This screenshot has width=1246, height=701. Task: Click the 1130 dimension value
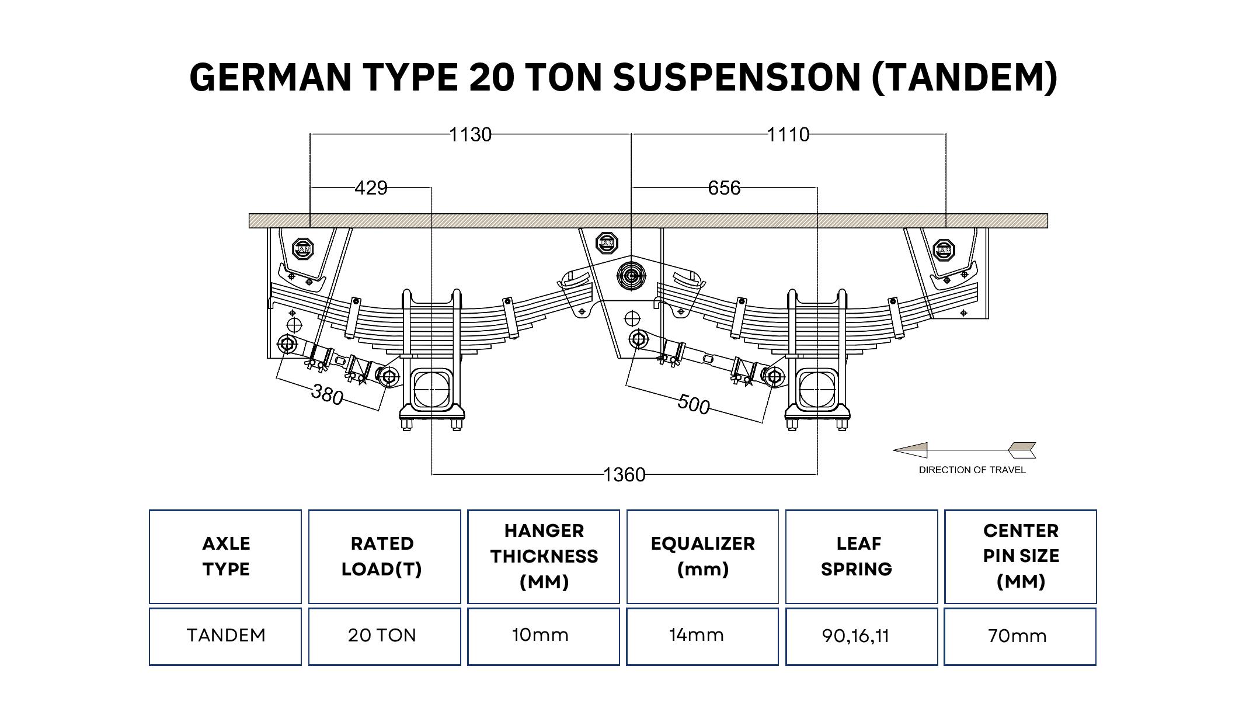point(470,135)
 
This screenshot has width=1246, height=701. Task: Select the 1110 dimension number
point(788,135)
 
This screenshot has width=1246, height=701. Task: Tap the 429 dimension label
point(371,188)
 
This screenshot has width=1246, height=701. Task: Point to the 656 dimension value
point(724,188)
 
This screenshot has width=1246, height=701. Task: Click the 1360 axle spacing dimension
point(624,475)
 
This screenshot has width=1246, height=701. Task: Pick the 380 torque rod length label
point(327,394)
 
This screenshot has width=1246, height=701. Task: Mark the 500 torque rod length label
point(694,404)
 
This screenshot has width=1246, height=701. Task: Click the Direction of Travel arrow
point(964,450)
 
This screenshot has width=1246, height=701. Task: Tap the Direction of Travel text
point(972,470)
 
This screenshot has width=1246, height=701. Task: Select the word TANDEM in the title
point(964,77)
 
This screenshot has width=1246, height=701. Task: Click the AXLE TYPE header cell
point(225,556)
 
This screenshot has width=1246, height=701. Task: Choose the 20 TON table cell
point(382,636)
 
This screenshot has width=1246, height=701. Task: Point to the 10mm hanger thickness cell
point(541,635)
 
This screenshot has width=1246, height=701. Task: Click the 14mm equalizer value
point(697,635)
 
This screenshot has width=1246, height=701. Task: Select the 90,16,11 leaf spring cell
point(856,636)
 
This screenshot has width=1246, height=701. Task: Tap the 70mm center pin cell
point(1018,636)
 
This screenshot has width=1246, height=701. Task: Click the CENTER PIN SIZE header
point(1021,556)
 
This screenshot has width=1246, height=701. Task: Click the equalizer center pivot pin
point(631,276)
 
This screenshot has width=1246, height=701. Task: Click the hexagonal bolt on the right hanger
point(944,251)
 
